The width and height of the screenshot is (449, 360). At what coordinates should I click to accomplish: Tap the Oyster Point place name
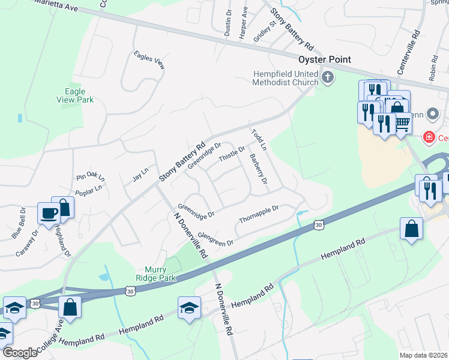pyautogui.click(x=325, y=59)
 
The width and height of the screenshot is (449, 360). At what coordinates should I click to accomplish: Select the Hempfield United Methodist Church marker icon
pyautogui.click(x=328, y=77)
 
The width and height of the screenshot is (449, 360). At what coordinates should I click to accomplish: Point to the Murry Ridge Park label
pyautogui.click(x=147, y=274)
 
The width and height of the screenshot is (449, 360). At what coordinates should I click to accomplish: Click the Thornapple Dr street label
pyautogui.click(x=259, y=212)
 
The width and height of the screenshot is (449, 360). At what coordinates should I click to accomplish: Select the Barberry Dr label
pyautogui.click(x=258, y=169)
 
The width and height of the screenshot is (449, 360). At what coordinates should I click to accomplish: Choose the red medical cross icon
pyautogui.click(x=429, y=137)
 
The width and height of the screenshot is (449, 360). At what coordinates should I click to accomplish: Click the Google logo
pyautogui.click(x=20, y=353)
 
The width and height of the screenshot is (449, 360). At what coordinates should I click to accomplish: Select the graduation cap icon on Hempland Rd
pyautogui.click(x=189, y=308)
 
